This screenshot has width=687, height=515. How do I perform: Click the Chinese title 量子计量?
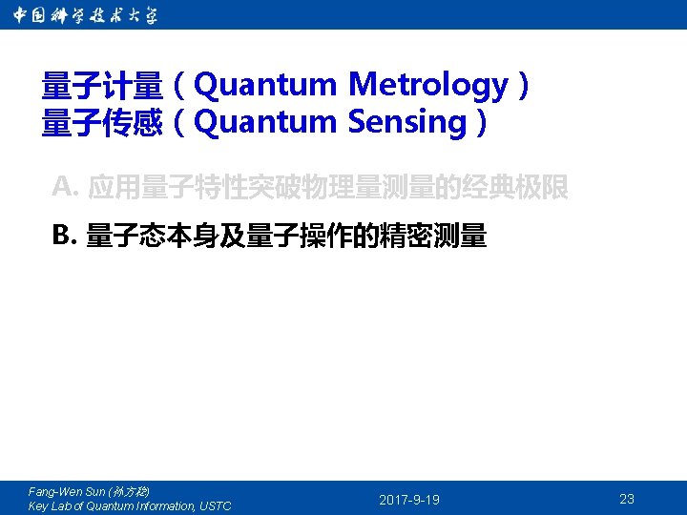coord(102,87)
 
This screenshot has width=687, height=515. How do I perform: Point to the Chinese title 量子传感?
coord(102,123)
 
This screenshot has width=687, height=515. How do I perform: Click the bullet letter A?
coord(64,186)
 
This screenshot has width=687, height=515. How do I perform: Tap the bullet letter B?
coord(64,234)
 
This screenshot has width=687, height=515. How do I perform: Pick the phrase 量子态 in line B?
coord(125,236)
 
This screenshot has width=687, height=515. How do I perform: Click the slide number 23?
coord(627,499)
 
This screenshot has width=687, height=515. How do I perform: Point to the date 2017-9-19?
coord(409,500)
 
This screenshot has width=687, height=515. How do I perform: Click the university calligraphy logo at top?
coord(86,15)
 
